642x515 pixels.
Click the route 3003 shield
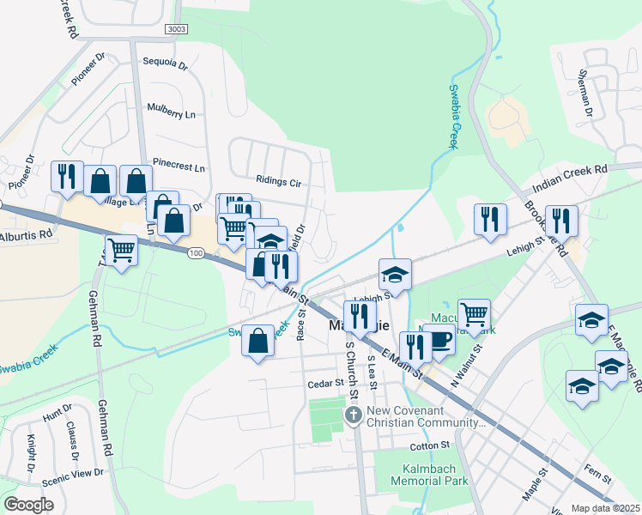click(176, 29)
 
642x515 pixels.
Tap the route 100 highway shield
click(197, 253)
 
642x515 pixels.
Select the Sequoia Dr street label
click(165, 62)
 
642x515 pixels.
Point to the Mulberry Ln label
click(172, 113)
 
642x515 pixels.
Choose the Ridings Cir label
click(279, 182)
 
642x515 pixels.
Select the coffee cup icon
click(439, 339)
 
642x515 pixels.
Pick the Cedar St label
click(326, 384)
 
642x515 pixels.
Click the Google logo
click(28, 505)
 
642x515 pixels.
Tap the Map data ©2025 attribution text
click(605, 508)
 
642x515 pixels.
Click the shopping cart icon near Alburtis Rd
click(121, 250)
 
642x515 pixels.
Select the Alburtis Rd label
click(27, 233)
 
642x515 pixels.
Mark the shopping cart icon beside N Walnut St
click(474, 314)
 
